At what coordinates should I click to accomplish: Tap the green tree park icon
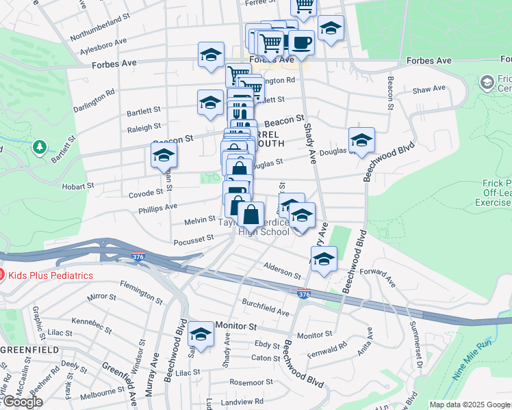[40, 147]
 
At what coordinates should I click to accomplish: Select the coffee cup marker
[300, 43]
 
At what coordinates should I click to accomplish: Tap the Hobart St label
[79, 185]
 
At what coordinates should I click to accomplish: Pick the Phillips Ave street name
[157, 206]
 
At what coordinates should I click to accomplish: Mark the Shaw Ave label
[429, 89]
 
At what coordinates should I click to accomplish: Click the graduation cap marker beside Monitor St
[201, 333]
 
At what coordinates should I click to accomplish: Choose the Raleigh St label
[144, 126]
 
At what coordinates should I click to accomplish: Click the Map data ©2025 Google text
[470, 405]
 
